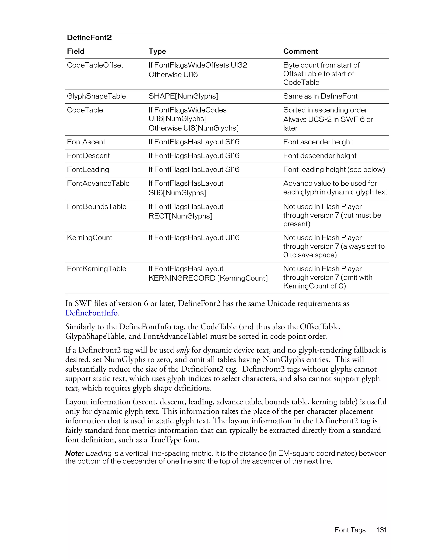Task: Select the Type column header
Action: point(157,51)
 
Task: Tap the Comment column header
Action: point(300,51)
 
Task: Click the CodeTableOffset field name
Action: point(95,65)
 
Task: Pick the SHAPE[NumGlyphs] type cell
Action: point(183,96)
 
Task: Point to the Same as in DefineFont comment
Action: point(320,96)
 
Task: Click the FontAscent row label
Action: point(86,142)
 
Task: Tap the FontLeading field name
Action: point(88,170)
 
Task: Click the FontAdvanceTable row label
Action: point(98,183)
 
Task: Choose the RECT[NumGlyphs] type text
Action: point(180,216)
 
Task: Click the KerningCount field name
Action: point(89,238)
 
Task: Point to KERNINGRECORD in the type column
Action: point(182,278)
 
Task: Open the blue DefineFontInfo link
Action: point(91,313)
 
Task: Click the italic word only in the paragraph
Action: point(183,350)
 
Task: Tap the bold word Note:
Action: point(75,453)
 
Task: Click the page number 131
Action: point(381,530)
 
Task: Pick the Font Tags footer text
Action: point(350,530)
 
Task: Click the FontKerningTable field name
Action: point(96,269)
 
